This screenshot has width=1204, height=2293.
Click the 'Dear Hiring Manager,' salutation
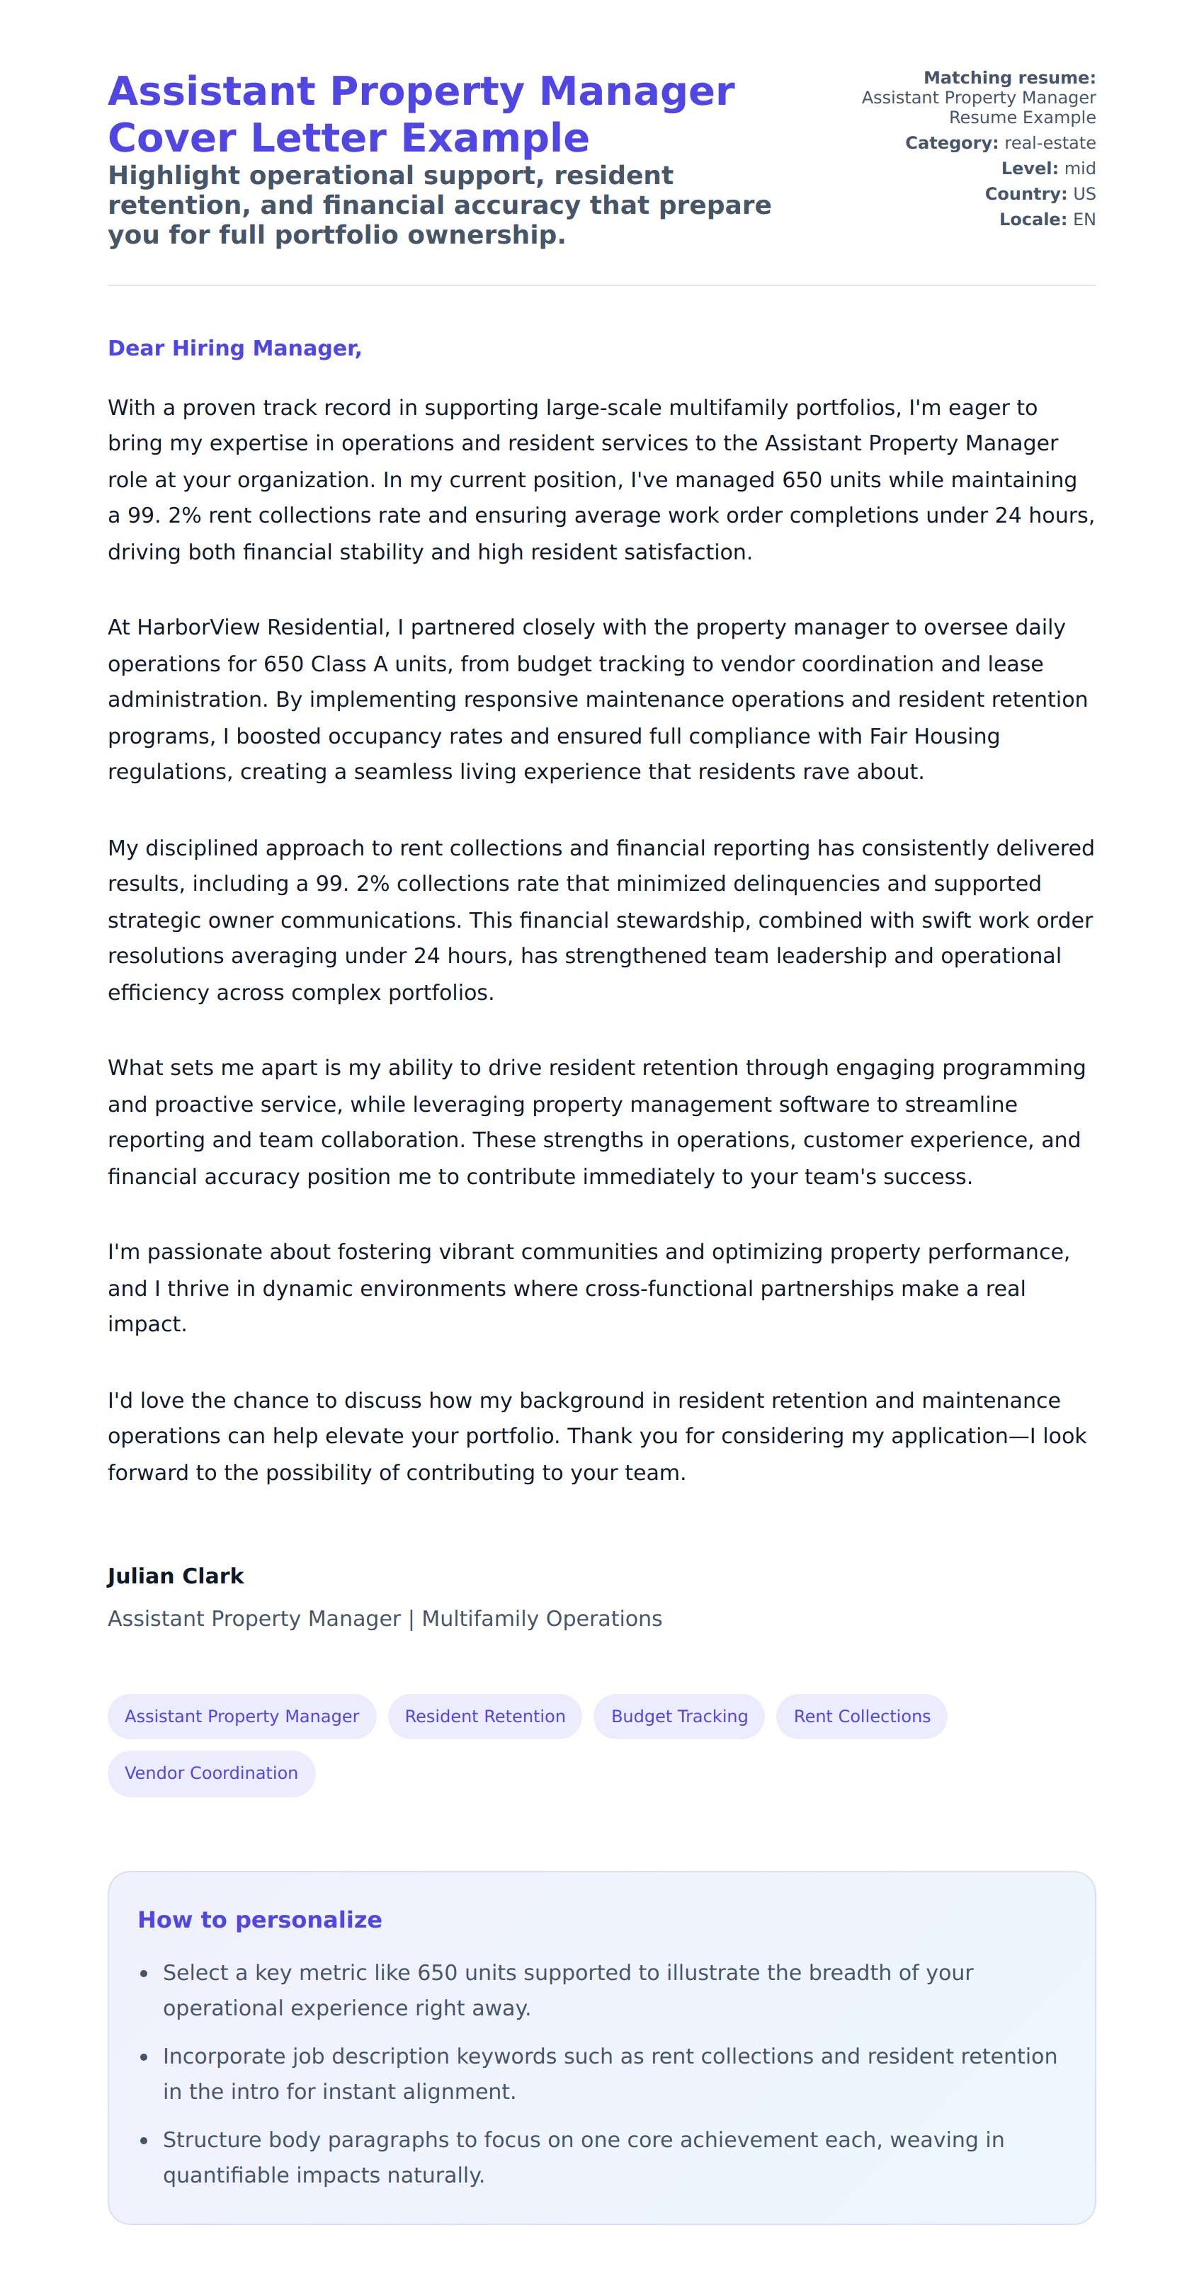234,348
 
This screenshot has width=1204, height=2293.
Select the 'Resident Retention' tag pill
484,1716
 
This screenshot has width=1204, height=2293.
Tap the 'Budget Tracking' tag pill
678,1716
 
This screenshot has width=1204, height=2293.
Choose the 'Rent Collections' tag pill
861,1716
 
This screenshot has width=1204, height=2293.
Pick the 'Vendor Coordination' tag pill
211,1773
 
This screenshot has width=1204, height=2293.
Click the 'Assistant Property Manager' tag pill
242,1716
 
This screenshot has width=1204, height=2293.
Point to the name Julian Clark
176,1576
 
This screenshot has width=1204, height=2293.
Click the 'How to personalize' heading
259,1919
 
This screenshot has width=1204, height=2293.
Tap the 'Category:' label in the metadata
951,143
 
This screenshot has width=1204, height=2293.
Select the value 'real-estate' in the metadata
1050,143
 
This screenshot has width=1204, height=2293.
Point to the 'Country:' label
1025,194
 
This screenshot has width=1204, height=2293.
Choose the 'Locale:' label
1032,220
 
